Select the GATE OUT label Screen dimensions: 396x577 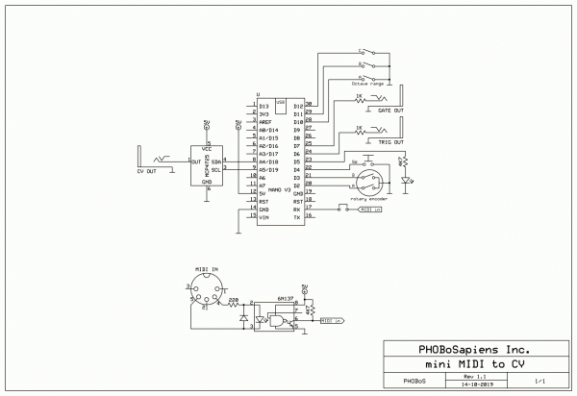tap(390, 111)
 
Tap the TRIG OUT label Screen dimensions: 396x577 tap(390, 141)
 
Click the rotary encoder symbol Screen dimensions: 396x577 tap(365, 180)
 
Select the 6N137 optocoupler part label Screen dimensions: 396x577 tap(285, 299)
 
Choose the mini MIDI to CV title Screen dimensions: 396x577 tap(474, 364)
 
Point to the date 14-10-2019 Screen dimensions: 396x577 tap(476, 384)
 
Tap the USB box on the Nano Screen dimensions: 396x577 tap(280, 103)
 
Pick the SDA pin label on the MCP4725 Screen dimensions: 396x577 tap(216, 162)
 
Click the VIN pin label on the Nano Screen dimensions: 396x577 tap(263, 217)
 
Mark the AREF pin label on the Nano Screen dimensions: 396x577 tap(265, 122)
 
